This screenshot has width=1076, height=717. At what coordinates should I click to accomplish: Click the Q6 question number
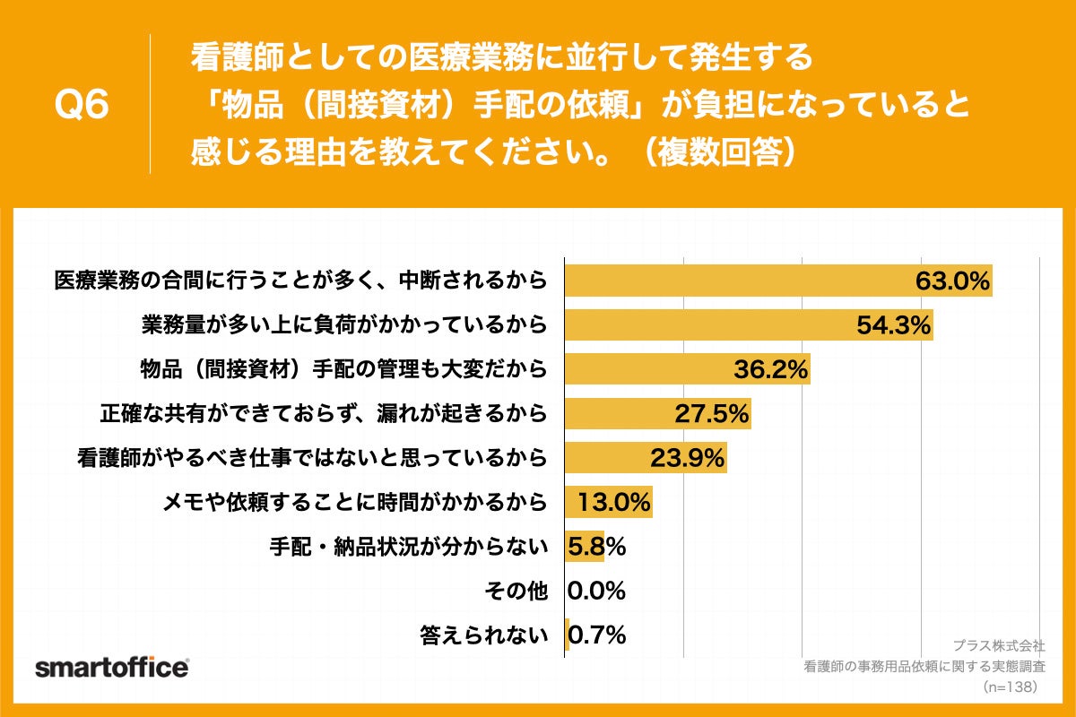click(82, 105)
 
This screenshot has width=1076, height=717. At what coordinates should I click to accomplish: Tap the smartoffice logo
click(111, 668)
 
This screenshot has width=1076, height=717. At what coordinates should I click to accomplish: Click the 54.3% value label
click(894, 324)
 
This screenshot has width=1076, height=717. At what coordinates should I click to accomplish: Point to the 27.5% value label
click(711, 413)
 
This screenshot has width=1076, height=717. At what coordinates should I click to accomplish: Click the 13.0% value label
click(613, 502)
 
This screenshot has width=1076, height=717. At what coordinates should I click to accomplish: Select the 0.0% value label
click(596, 591)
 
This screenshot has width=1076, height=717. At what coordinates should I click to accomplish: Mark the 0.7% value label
click(598, 635)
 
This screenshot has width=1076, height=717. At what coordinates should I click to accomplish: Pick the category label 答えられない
click(484, 635)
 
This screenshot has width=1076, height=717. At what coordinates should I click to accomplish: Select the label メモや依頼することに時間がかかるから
click(354, 502)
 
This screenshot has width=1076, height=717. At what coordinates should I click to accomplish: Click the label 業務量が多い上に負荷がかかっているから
click(344, 324)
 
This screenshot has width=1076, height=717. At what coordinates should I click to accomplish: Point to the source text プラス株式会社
click(999, 645)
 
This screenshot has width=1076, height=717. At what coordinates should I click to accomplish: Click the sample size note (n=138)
click(1010, 687)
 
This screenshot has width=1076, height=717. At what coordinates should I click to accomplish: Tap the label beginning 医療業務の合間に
click(300, 280)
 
